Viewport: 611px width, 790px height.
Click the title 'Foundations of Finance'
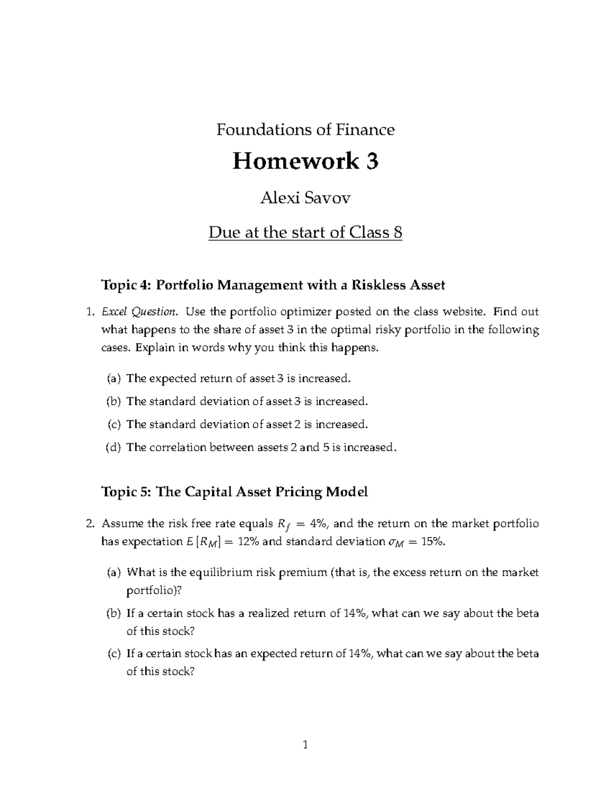[305, 130]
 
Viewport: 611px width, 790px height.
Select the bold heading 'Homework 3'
[305, 162]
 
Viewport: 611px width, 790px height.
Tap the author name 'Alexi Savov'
[305, 198]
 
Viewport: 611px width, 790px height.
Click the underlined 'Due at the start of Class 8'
[305, 232]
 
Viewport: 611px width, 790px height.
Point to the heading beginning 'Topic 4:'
[273, 285]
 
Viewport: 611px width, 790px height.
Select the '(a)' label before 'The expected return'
[114, 378]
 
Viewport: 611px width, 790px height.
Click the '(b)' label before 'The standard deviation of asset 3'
[114, 401]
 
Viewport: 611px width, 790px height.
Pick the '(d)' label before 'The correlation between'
[114, 448]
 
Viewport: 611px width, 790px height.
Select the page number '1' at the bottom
[305, 745]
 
